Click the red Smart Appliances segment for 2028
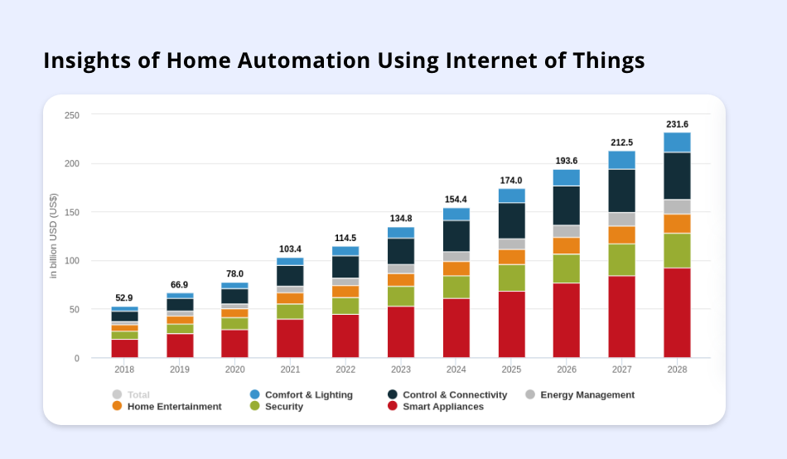[677, 312]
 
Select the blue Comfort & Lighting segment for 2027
[621, 160]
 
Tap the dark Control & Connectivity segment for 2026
[567, 205]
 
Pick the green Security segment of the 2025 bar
[511, 278]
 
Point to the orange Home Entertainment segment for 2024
[456, 268]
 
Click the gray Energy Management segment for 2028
[677, 206]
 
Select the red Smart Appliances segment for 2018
[124, 348]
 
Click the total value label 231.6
[677, 124]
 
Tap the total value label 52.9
[124, 298]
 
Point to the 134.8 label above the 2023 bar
[401, 219]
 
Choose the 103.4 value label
[290, 249]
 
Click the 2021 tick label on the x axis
[290, 370]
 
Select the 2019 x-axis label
[180, 370]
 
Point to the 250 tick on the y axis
[72, 115]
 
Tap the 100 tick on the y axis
[72, 261]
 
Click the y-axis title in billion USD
[54, 236]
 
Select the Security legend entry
[283, 407]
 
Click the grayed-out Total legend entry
[138, 395]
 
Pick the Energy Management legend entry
[587, 395]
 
